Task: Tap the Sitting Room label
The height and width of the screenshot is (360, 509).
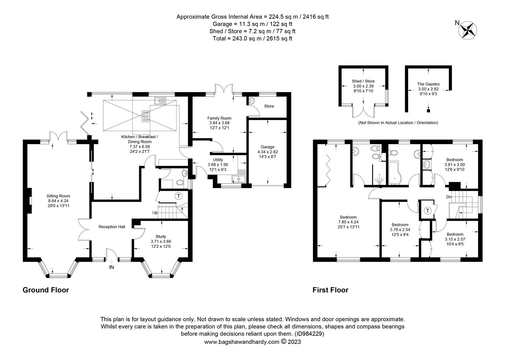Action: pyautogui.click(x=58, y=196)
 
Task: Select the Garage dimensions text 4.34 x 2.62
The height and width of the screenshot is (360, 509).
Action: pyautogui.click(x=267, y=152)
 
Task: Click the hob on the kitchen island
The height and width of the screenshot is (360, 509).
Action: pyautogui.click(x=146, y=116)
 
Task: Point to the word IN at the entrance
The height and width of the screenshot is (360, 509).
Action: pyautogui.click(x=111, y=267)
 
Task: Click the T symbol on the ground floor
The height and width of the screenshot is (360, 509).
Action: pyautogui.click(x=179, y=196)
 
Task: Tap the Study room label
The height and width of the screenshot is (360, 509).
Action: pyautogui.click(x=161, y=237)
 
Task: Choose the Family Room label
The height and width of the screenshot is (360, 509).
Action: pyautogui.click(x=219, y=118)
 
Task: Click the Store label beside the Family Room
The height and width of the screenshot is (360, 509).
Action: pyautogui.click(x=269, y=106)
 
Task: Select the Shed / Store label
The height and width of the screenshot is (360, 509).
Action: pyautogui.click(x=363, y=81)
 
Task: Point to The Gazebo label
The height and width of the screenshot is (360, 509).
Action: pyautogui.click(x=428, y=84)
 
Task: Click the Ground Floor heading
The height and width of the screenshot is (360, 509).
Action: pyautogui.click(x=46, y=290)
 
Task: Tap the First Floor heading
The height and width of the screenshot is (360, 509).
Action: pyautogui.click(x=330, y=290)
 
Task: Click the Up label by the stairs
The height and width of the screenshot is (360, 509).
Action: pyautogui.click(x=155, y=213)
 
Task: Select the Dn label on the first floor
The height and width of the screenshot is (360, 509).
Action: pyautogui.click(x=449, y=197)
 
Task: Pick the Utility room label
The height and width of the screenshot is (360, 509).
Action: pyautogui.click(x=218, y=160)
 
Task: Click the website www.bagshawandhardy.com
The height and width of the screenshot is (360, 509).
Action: pyautogui.click(x=242, y=342)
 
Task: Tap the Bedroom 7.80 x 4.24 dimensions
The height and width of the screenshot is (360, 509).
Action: pyautogui.click(x=348, y=222)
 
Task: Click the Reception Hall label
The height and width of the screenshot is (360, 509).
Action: pyautogui.click(x=112, y=227)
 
